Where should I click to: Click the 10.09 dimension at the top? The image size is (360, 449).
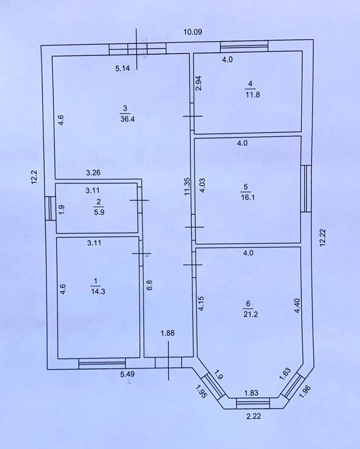pyautogui.click(x=192, y=32)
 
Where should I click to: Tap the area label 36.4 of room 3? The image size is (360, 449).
pyautogui.click(x=127, y=119)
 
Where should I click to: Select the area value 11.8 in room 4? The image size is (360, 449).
pyautogui.click(x=253, y=95)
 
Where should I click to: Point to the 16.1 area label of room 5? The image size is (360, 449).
pyautogui.click(x=248, y=198)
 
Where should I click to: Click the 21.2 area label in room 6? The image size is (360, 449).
pyautogui.click(x=251, y=314)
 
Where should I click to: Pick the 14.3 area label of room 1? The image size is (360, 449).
pyautogui.click(x=98, y=291)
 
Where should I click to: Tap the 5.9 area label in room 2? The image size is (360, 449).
pyautogui.click(x=99, y=213)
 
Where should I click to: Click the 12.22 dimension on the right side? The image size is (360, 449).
pyautogui.click(x=322, y=237)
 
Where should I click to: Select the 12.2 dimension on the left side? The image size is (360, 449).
pyautogui.click(x=34, y=177)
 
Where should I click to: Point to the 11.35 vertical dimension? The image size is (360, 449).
pyautogui.click(x=187, y=187)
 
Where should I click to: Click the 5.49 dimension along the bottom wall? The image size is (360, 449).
pyautogui.click(x=127, y=374)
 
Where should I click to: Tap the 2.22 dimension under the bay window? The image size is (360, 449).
pyautogui.click(x=254, y=416)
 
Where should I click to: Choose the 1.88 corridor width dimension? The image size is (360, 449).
pyautogui.click(x=168, y=333)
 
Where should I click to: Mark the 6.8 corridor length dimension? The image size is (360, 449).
pyautogui.click(x=150, y=285)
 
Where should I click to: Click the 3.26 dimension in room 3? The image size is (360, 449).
pyautogui.click(x=93, y=172)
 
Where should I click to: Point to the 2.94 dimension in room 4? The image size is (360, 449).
pyautogui.click(x=199, y=83)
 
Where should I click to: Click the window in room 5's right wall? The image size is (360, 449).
pyautogui.click(x=306, y=188)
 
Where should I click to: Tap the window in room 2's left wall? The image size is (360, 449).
pyautogui.click(x=50, y=208)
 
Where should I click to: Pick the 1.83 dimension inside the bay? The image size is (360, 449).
pyautogui.click(x=251, y=393)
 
